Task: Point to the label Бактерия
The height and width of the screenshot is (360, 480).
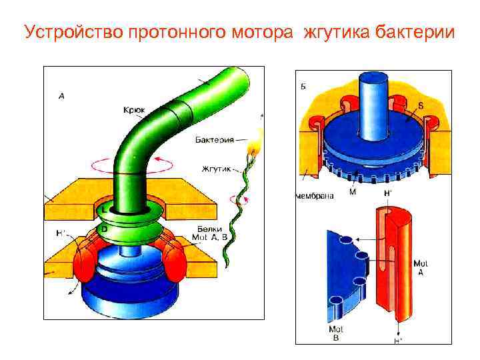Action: click(214, 140)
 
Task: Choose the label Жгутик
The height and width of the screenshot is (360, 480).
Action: click(215, 169)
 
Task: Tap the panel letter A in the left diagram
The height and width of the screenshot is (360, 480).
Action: click(61, 96)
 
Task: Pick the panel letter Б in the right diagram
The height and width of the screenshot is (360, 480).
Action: click(303, 87)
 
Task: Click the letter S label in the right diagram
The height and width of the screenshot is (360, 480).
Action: click(421, 106)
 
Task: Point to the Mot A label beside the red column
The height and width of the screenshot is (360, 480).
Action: click(421, 266)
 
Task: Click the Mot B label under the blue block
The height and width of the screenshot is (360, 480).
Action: click(335, 333)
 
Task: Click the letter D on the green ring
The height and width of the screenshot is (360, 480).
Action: click(104, 228)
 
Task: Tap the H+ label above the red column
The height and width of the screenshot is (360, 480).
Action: click(387, 193)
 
